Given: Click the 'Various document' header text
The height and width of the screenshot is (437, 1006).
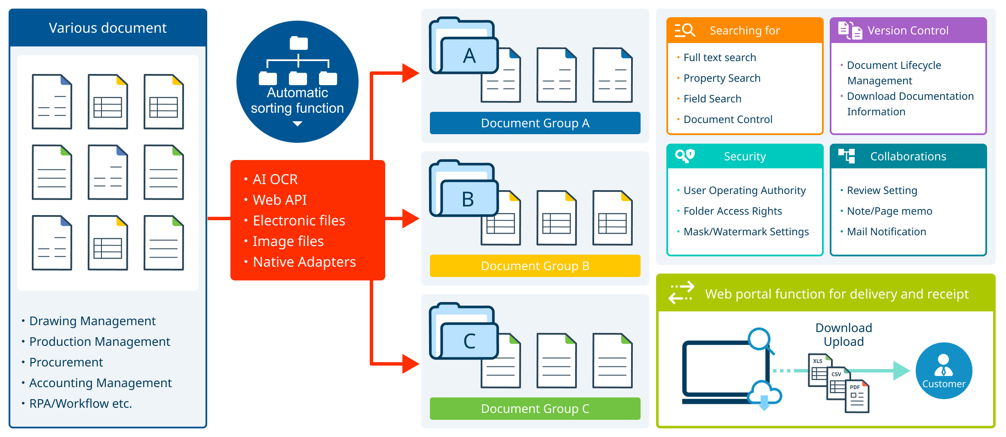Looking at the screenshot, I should pos(107,28).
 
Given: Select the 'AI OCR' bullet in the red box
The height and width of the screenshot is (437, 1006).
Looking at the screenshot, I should pos(275,179).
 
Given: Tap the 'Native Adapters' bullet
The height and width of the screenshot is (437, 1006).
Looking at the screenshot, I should pos(304,262).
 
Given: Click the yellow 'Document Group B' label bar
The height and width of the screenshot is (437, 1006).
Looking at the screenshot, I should pos(535,266).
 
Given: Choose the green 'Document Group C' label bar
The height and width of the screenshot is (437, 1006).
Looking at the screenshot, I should pos(535,409).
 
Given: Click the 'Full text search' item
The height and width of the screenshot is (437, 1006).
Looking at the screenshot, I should pos(719,57).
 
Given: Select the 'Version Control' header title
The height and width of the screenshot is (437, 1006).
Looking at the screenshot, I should pos(908,31).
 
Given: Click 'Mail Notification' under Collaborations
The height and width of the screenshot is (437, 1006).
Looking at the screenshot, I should pos(886,231).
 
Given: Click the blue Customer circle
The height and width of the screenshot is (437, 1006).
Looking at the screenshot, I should pos(944,370).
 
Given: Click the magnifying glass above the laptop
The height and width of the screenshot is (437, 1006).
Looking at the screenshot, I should pos(761,340).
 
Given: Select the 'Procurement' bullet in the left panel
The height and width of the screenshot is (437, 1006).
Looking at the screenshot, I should pos(66,362).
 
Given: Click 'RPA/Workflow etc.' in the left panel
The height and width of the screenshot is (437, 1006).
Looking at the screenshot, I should pos(80,403).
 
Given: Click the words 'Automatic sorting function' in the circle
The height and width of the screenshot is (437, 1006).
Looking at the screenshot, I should pos(297,100).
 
